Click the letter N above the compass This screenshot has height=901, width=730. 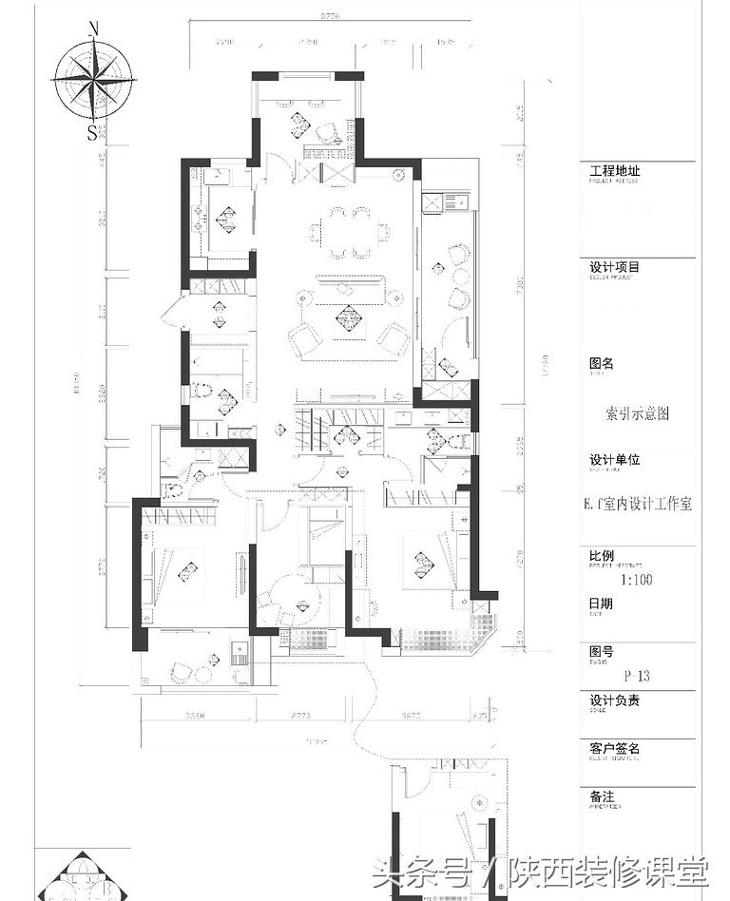click(93, 29)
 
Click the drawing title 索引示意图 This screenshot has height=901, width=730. click(637, 413)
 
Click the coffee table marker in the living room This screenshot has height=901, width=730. click(348, 319)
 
